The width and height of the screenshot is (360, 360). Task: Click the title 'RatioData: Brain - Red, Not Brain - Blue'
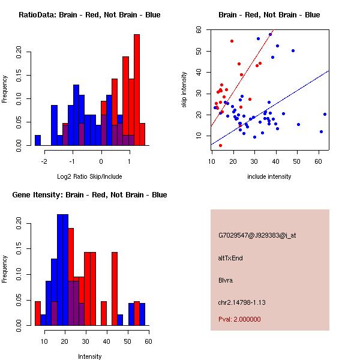(89, 14)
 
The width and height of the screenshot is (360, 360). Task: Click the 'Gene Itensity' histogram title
(89, 194)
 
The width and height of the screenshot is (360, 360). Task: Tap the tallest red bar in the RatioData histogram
(137, 90)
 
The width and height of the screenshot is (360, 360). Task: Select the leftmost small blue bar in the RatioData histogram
(38, 140)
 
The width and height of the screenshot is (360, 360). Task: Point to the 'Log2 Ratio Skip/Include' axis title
(89, 176)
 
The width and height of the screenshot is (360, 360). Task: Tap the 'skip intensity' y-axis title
(185, 90)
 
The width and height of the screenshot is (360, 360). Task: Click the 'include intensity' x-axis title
(269, 176)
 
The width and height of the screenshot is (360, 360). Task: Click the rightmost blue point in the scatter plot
(325, 114)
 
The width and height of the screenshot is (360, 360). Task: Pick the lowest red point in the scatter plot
(220, 145)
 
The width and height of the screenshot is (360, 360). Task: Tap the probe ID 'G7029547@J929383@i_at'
(257, 235)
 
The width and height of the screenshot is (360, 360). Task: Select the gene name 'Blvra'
(225, 280)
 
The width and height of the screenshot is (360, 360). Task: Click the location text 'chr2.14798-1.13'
(242, 302)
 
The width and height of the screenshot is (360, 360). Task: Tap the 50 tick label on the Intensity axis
(127, 341)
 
